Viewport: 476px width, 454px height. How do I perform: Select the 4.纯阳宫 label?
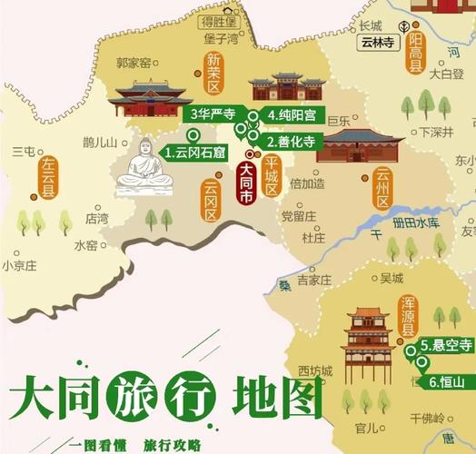[288, 114]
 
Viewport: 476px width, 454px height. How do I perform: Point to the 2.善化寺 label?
[290, 142]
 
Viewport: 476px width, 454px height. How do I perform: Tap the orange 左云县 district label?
[47, 178]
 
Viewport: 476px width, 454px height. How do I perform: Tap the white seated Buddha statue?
[145, 170]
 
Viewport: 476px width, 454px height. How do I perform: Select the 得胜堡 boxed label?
[218, 20]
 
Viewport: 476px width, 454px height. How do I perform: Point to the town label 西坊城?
[315, 370]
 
